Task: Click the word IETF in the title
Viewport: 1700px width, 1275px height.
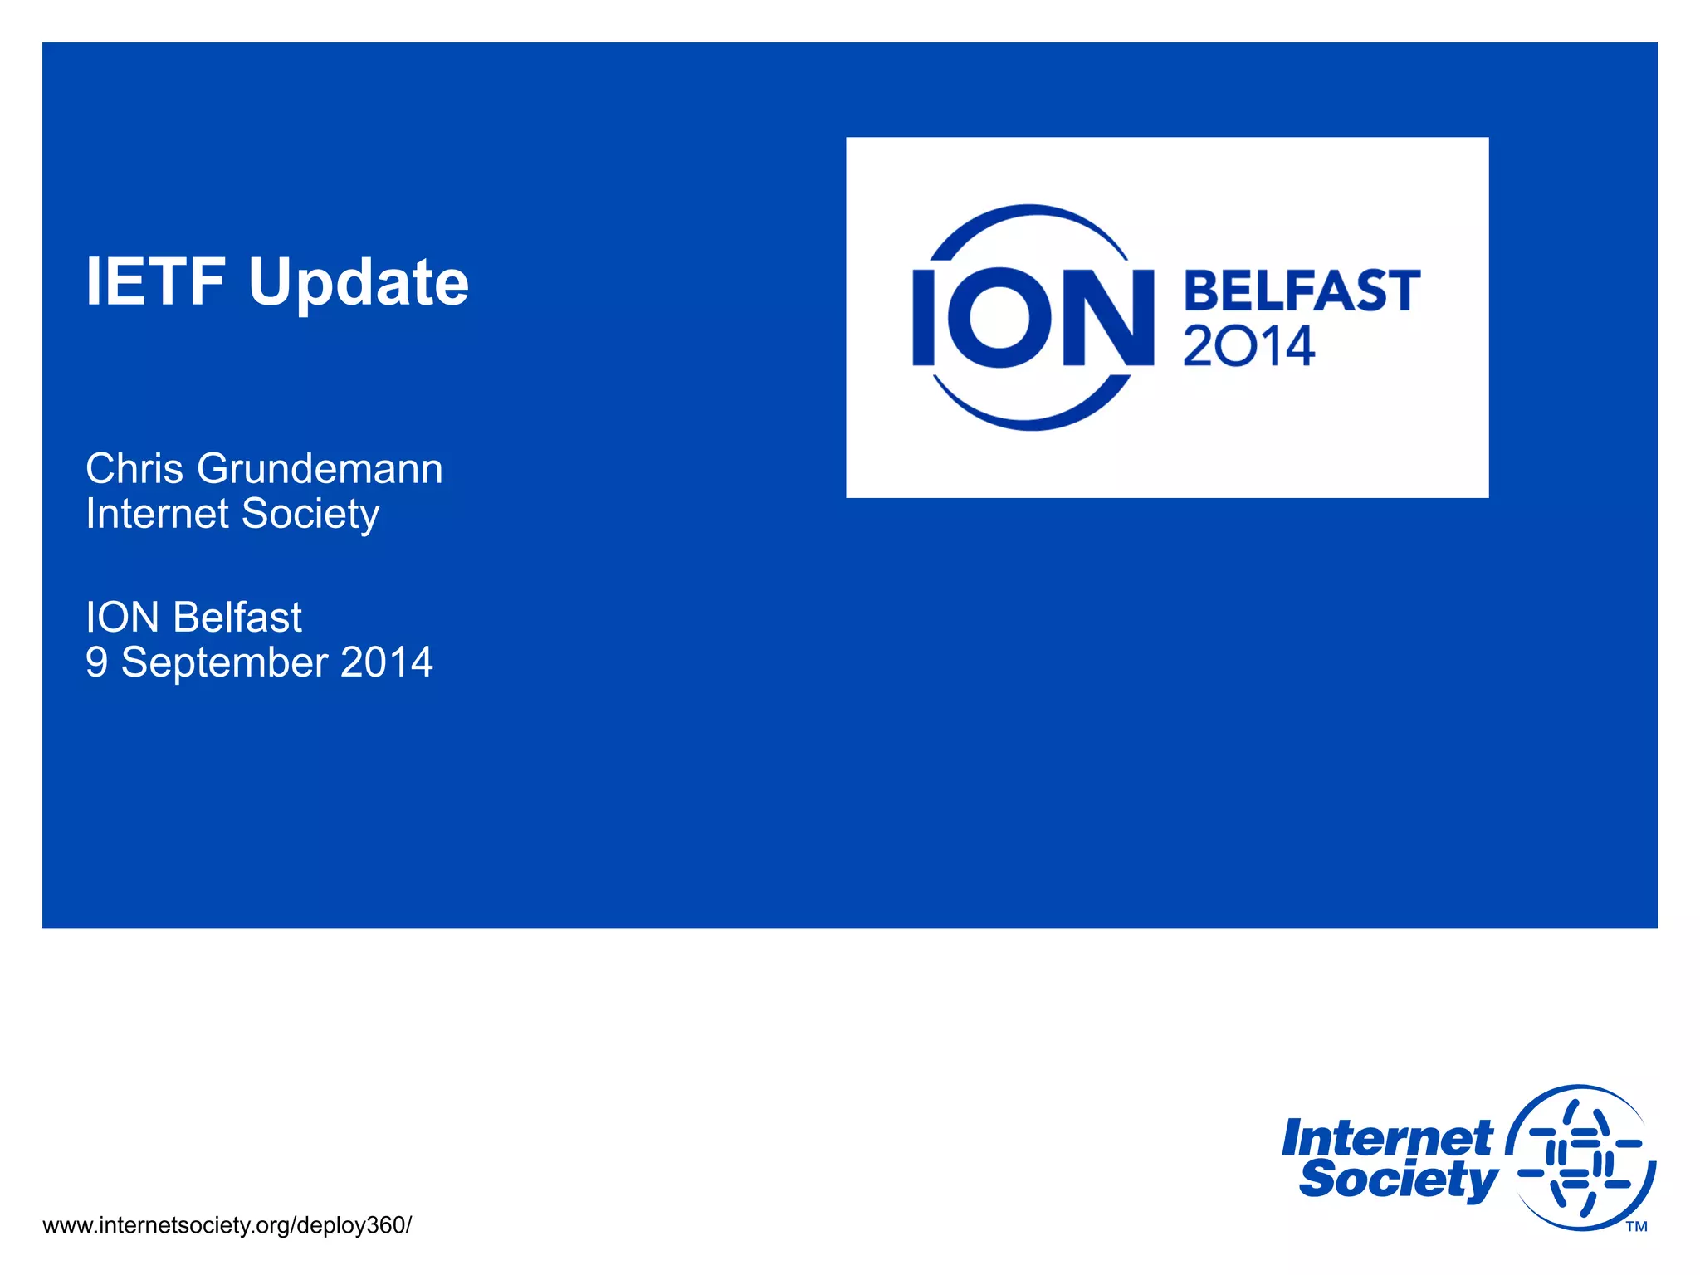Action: coord(155,282)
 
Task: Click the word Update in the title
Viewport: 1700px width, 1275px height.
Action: coord(359,284)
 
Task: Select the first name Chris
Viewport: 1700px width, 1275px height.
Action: coord(134,469)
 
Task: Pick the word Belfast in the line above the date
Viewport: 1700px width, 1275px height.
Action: coord(237,618)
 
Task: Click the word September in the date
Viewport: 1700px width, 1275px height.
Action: coord(224,663)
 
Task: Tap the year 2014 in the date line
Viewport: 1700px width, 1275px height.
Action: coord(386,662)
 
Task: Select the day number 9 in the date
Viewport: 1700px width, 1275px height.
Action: coord(96,662)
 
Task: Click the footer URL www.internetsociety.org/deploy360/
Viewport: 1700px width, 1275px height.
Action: coord(227,1225)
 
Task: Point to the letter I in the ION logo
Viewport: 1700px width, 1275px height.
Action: coord(923,317)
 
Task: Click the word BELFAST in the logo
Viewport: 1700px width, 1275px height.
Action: coord(1301,291)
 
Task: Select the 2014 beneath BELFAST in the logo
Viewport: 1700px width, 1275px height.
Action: coord(1248,346)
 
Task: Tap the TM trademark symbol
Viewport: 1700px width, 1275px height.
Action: coord(1636,1227)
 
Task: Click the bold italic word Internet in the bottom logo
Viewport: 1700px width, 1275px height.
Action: coord(1387,1138)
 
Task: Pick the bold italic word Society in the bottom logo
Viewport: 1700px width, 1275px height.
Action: coord(1398,1180)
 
